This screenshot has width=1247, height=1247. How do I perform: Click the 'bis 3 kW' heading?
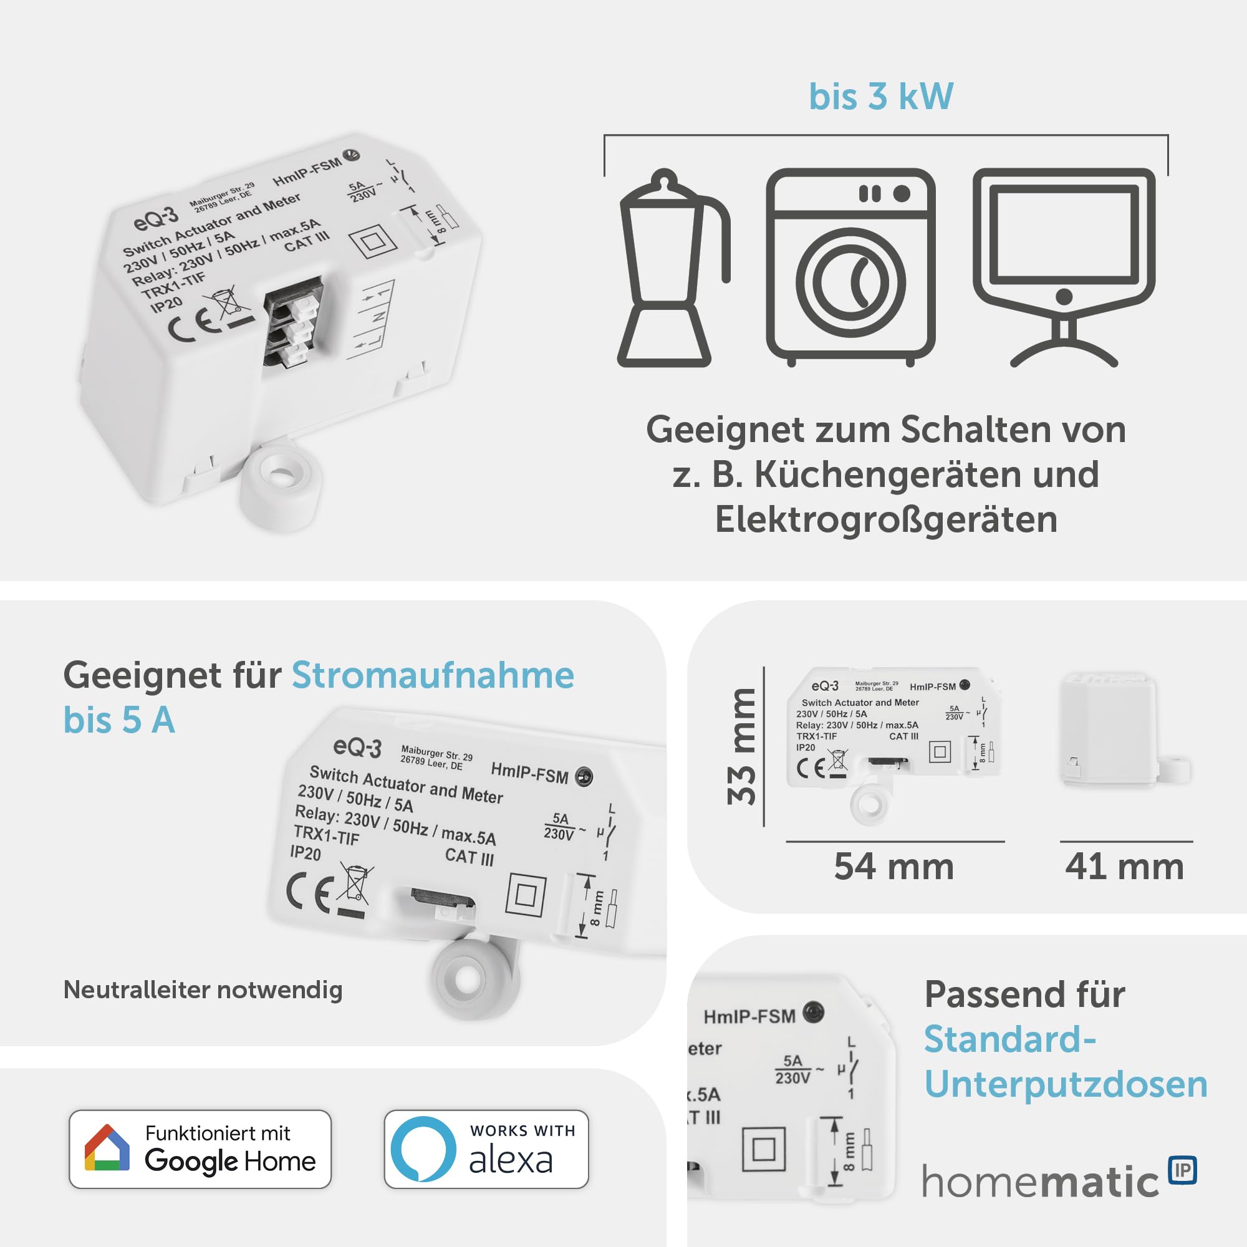pyautogui.click(x=880, y=97)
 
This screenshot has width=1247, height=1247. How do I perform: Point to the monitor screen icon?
pyautogui.click(x=1064, y=264)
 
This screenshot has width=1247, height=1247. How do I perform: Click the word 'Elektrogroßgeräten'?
pyautogui.click(x=885, y=519)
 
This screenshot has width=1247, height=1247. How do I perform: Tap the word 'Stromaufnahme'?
pyautogui.click(x=433, y=676)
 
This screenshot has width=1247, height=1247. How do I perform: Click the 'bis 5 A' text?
pyautogui.click(x=120, y=720)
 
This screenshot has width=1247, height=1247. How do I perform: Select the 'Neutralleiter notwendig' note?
pyautogui.click(x=203, y=989)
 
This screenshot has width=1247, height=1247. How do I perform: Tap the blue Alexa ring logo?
pyautogui.click(x=423, y=1149)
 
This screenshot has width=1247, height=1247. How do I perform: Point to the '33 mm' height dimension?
pyautogui.click(x=741, y=747)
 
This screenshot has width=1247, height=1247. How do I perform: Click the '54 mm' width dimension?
pyautogui.click(x=894, y=866)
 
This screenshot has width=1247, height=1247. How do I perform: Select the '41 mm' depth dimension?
pyautogui.click(x=1124, y=866)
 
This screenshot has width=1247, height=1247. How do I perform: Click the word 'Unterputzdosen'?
pyautogui.click(x=1066, y=1085)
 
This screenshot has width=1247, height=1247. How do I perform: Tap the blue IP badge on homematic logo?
pyautogui.click(x=1182, y=1170)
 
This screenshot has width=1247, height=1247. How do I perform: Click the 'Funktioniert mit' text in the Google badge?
pyautogui.click(x=218, y=1133)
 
